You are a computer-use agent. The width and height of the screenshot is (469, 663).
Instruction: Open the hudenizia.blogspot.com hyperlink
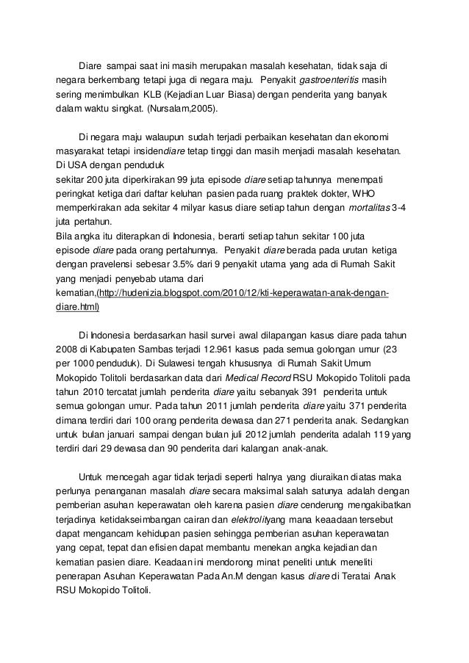click(x=243, y=294)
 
